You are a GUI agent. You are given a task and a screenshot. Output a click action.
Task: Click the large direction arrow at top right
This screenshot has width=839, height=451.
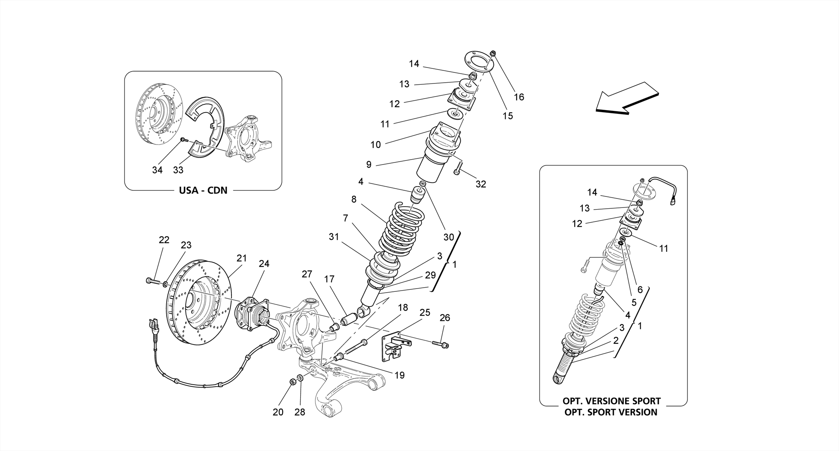coord(626,98)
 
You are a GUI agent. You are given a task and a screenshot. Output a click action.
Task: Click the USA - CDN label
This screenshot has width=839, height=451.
coord(203,191)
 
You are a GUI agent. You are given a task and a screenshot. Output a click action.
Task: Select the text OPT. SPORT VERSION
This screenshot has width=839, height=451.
coord(610,413)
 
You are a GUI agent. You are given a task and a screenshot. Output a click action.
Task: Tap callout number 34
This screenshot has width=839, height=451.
coord(157,170)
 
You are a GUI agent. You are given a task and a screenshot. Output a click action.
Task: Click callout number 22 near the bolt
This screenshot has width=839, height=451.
coord(164,240)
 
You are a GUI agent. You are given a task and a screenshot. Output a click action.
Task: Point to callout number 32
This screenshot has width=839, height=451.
coord(481,184)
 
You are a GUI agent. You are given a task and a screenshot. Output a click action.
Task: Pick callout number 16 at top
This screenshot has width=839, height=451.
coord(519,97)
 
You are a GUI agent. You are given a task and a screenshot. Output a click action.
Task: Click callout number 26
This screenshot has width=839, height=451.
coord(445,318)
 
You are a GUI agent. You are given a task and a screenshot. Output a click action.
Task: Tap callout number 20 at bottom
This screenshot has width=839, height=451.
coord(278,412)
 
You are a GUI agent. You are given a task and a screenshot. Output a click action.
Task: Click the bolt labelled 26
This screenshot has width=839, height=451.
coord(440,345)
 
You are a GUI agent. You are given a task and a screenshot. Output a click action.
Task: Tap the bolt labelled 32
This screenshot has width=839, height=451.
coord(458,169)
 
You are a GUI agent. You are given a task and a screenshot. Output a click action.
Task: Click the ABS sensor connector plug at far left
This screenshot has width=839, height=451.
coord(154,326)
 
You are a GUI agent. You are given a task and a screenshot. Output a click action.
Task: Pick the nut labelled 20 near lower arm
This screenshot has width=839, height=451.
coord(293,382)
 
